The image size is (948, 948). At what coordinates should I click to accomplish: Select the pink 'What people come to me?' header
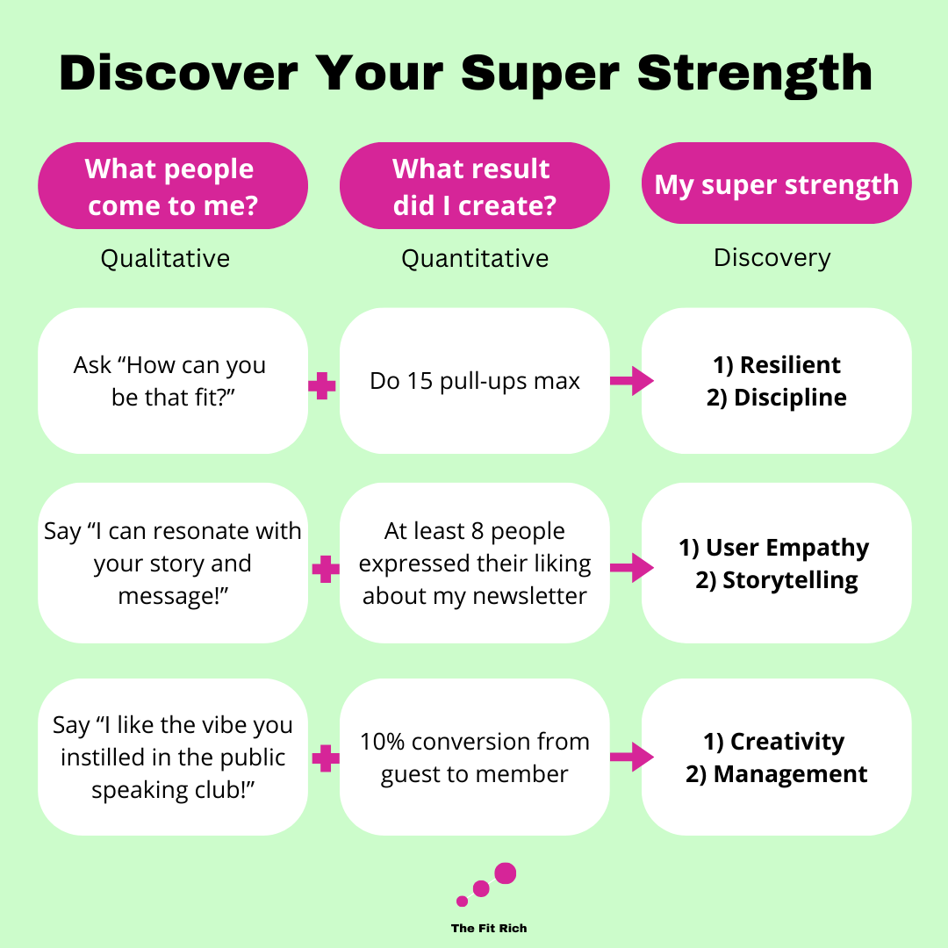(172, 186)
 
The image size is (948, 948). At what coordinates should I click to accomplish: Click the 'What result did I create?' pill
(474, 186)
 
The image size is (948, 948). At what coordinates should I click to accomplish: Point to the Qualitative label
(165, 258)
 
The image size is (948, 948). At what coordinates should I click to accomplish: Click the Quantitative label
(475, 258)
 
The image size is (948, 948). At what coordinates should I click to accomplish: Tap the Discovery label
(772, 257)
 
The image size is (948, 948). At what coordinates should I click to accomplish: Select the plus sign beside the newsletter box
(325, 570)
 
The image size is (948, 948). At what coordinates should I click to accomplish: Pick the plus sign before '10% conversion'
(325, 758)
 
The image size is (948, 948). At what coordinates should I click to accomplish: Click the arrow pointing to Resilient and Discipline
(631, 381)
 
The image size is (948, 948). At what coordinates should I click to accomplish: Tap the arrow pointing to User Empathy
(631, 568)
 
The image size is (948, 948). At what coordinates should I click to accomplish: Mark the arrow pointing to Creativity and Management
(631, 757)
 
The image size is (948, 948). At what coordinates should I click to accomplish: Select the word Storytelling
(790, 580)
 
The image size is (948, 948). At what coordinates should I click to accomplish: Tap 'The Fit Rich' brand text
(489, 928)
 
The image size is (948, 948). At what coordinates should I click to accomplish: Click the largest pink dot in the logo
(506, 873)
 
